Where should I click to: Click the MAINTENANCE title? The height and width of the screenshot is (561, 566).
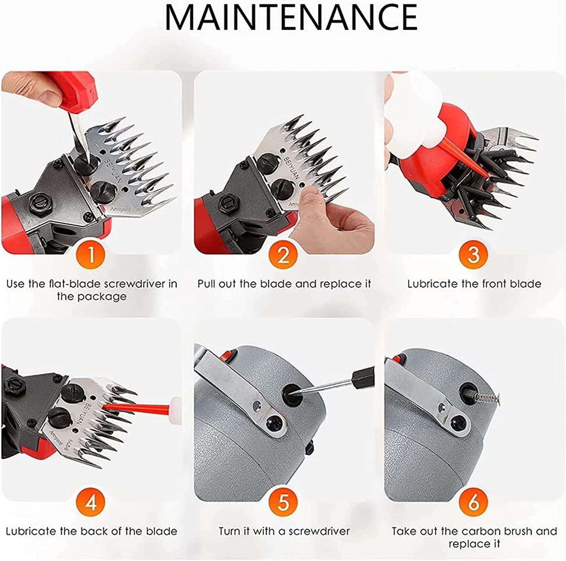point(291,17)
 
